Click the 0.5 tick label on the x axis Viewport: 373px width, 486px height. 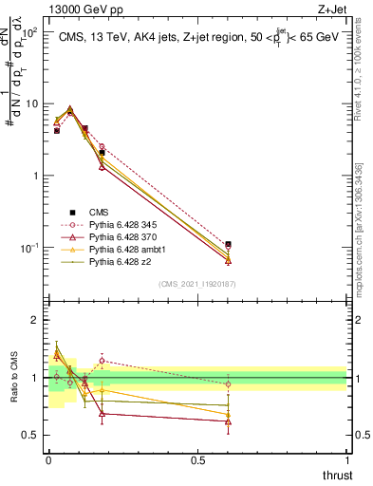197,461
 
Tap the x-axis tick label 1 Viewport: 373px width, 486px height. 346,461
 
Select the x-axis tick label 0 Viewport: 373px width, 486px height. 48,461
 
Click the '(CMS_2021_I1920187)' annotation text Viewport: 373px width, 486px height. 197,283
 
